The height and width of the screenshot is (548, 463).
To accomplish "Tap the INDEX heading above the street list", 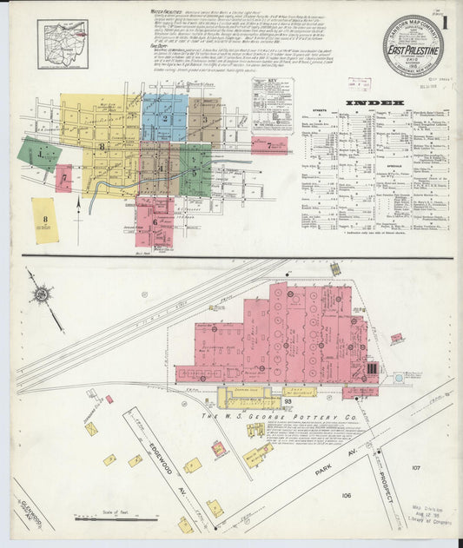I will point(375,103).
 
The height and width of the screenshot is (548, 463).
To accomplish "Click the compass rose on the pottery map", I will point(41,294).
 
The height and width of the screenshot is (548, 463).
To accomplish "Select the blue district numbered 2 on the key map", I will point(164,119).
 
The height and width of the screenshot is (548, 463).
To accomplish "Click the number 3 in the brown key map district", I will point(204,118).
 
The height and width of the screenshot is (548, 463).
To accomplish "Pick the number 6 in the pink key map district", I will point(155,221).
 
